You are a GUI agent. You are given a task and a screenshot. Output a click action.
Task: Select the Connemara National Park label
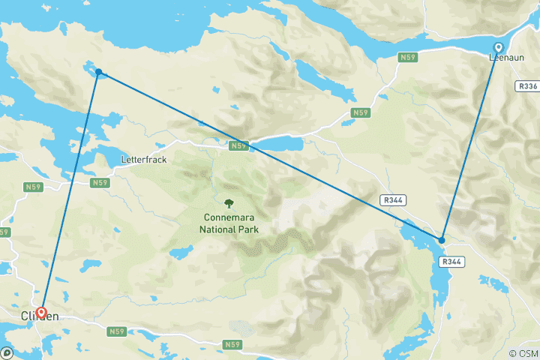click(x=229, y=223)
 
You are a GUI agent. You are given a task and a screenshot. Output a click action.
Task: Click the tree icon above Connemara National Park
click(x=229, y=203)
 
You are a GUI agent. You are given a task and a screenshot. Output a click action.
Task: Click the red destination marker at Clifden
click(x=41, y=313)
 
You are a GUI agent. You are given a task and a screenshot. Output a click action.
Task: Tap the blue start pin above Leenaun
click(x=498, y=46)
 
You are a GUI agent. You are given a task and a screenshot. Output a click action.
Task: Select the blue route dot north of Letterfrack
click(x=98, y=73)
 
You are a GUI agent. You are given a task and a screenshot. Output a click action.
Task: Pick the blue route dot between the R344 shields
click(x=442, y=240)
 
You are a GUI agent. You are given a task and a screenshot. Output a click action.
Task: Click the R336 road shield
click(x=528, y=87)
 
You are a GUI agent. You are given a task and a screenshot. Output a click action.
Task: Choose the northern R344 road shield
click(x=392, y=200)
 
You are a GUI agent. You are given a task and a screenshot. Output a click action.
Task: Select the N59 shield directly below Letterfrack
click(x=100, y=182)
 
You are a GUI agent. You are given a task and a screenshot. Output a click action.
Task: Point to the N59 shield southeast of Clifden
click(x=116, y=331)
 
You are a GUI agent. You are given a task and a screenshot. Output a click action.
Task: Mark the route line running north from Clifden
click(x=70, y=193)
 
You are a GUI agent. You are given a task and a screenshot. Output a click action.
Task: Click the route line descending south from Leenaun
click(x=470, y=142)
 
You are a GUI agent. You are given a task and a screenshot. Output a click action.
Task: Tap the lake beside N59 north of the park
click(x=277, y=142)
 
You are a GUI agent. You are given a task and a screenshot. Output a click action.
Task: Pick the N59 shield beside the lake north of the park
click(x=238, y=145)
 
